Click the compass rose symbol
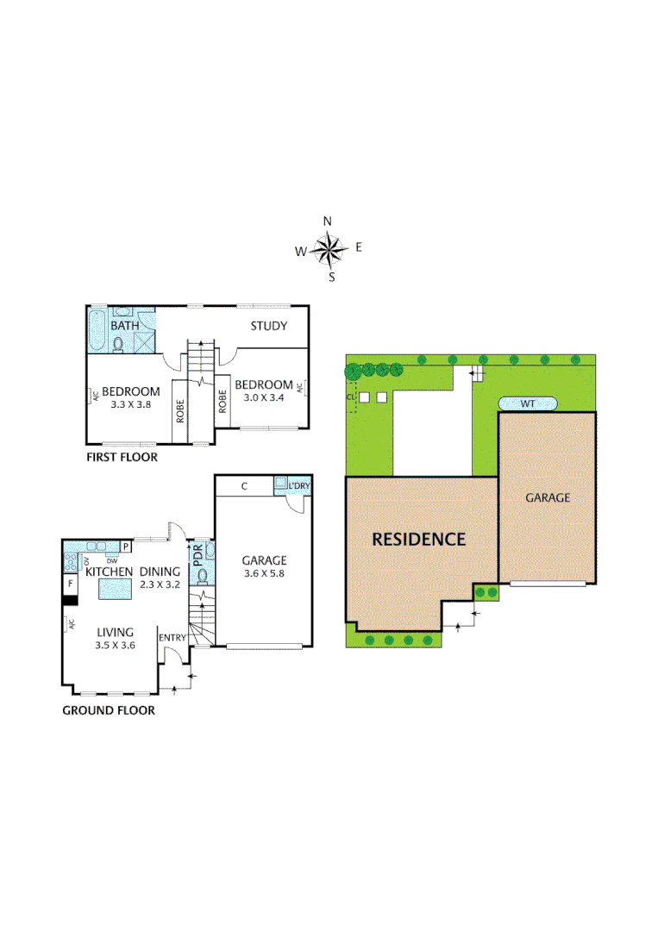(329, 250)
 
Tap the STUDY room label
(268, 326)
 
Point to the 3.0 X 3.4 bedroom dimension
(263, 397)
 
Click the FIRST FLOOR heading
(122, 457)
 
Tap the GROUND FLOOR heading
(109, 710)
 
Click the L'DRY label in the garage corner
(299, 486)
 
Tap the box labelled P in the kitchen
(125, 547)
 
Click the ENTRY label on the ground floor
(172, 638)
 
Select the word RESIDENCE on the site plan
(418, 540)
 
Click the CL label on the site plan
(349, 397)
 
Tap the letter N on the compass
(328, 221)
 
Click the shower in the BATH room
(143, 342)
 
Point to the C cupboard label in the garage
(245, 486)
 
